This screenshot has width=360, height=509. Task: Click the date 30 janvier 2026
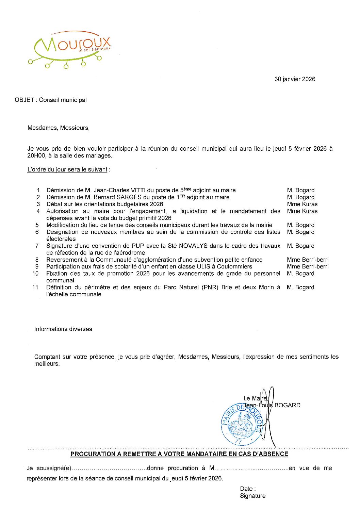(295, 79)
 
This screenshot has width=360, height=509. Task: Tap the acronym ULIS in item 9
(203, 267)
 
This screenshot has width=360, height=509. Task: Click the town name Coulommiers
(234, 267)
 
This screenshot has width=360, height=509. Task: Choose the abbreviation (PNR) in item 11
(210, 288)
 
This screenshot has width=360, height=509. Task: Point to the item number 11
(35, 288)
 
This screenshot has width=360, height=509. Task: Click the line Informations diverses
(63, 329)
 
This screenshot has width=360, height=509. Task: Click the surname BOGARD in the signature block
(287, 406)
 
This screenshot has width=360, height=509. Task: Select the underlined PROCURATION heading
(179, 454)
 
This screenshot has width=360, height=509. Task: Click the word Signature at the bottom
(252, 496)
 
